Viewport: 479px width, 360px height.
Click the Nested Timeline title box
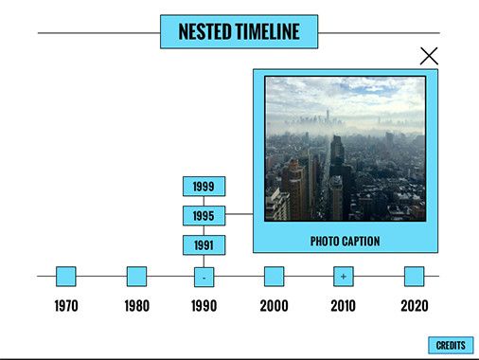pyautogui.click(x=239, y=31)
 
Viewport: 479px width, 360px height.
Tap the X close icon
pyautogui.click(x=429, y=56)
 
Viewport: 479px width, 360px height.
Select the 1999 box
pyautogui.click(x=204, y=187)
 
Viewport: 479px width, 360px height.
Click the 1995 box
pyautogui.click(x=204, y=216)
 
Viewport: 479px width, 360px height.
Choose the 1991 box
pyautogui.click(x=204, y=245)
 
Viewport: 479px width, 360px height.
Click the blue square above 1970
pyautogui.click(x=66, y=277)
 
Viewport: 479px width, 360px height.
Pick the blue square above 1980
pyautogui.click(x=136, y=277)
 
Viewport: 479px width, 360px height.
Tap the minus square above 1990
pyautogui.click(x=204, y=277)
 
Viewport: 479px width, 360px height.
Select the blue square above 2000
pyautogui.click(x=274, y=277)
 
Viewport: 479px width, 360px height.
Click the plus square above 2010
pyautogui.click(x=343, y=277)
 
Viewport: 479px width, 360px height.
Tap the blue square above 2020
pyautogui.click(x=414, y=277)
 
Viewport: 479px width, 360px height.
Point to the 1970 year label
pyautogui.click(x=66, y=306)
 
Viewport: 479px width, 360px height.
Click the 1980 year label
pyautogui.click(x=136, y=306)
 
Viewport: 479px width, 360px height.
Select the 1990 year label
pyautogui.click(x=204, y=306)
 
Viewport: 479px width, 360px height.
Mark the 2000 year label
pyautogui.click(x=274, y=306)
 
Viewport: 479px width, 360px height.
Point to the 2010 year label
pyautogui.click(x=343, y=306)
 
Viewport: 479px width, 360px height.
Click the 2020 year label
pyautogui.click(x=414, y=306)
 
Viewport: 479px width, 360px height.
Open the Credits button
pyautogui.click(x=451, y=346)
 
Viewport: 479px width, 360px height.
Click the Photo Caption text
pyautogui.click(x=345, y=242)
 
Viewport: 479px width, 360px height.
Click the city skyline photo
pyautogui.click(x=345, y=149)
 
